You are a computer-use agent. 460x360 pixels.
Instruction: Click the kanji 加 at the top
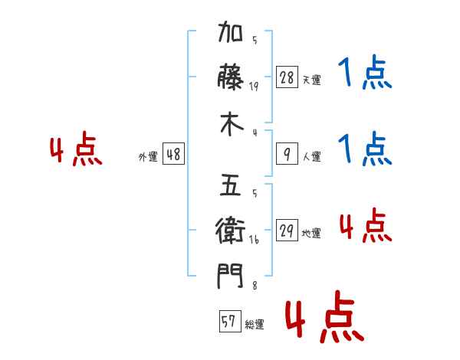click(x=231, y=31)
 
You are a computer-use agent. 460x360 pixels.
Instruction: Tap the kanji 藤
click(x=231, y=77)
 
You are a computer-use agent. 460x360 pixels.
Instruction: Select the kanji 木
click(x=232, y=124)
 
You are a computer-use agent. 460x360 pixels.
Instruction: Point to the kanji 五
click(x=231, y=185)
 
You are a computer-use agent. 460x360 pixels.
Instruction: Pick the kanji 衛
click(x=230, y=230)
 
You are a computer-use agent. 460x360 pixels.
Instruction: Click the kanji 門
click(x=230, y=276)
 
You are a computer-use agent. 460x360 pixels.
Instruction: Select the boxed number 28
click(x=287, y=77)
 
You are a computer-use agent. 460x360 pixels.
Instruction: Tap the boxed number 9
click(x=287, y=154)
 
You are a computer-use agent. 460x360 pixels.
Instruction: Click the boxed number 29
click(x=287, y=230)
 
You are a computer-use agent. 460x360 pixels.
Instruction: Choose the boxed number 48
click(x=173, y=154)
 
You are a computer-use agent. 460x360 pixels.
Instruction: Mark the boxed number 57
click(x=230, y=321)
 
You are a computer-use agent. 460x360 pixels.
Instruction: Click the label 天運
click(x=312, y=80)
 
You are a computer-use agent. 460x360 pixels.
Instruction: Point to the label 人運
click(x=312, y=156)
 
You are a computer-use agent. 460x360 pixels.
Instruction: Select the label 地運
click(x=311, y=233)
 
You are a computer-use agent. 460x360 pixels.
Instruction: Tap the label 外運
click(x=148, y=156)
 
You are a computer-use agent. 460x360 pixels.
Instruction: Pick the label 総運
click(x=255, y=324)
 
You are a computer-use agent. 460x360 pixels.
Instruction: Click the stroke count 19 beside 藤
click(x=254, y=87)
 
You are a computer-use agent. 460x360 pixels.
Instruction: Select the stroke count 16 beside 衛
click(x=254, y=240)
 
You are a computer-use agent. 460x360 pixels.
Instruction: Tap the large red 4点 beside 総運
click(x=325, y=316)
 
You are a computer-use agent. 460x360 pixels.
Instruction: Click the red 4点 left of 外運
click(x=76, y=149)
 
